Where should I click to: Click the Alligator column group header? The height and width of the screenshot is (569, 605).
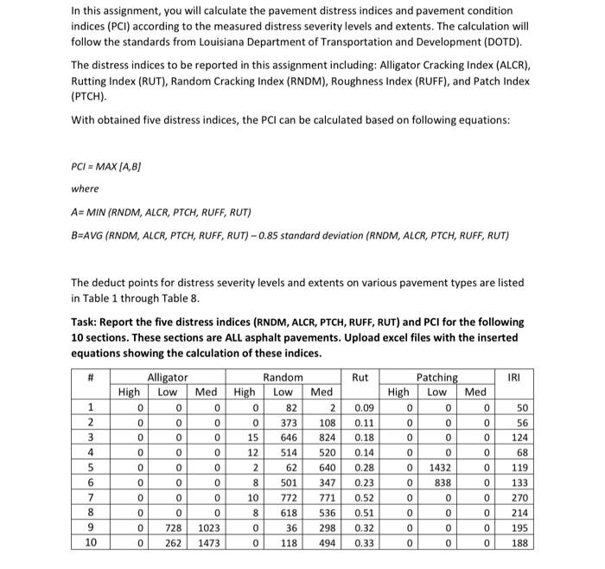[x=168, y=377]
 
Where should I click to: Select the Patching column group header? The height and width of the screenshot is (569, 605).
[x=438, y=377]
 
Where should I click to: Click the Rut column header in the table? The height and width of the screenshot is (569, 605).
[x=360, y=377]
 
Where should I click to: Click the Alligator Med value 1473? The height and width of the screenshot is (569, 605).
[x=207, y=543]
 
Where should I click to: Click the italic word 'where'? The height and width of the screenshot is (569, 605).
[x=85, y=189]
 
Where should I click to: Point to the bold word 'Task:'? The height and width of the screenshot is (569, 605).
[x=86, y=322]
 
